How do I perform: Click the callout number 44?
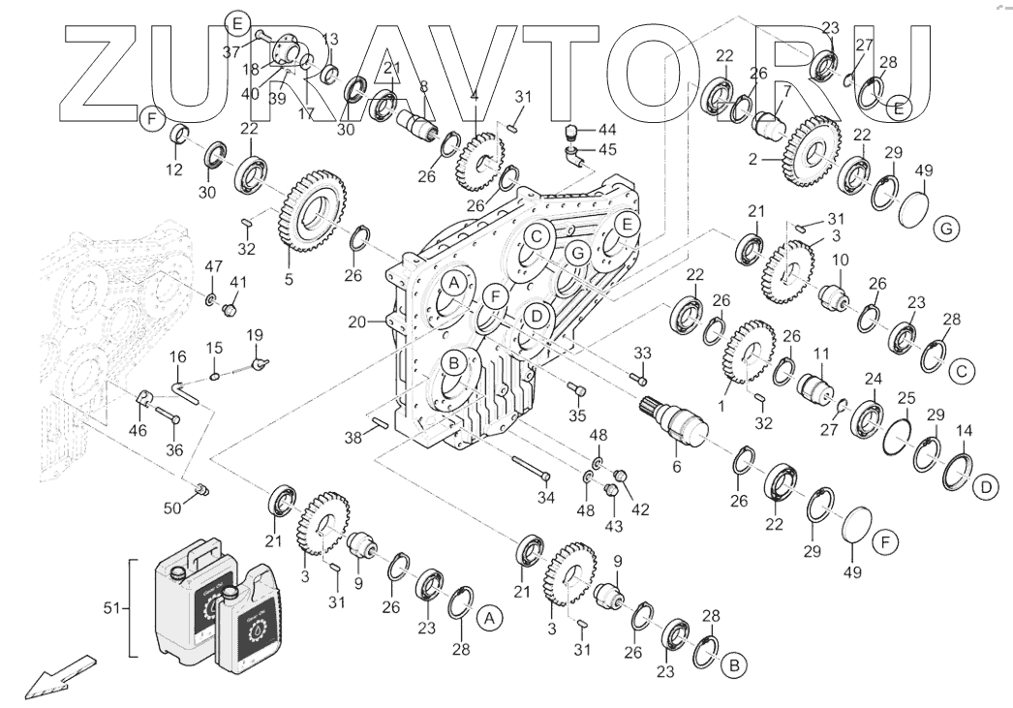607,129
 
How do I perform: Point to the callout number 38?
353,438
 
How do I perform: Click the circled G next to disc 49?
945,230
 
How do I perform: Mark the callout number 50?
172,508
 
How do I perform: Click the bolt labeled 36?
166,416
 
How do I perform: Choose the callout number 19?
255,336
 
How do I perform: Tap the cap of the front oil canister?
230,590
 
